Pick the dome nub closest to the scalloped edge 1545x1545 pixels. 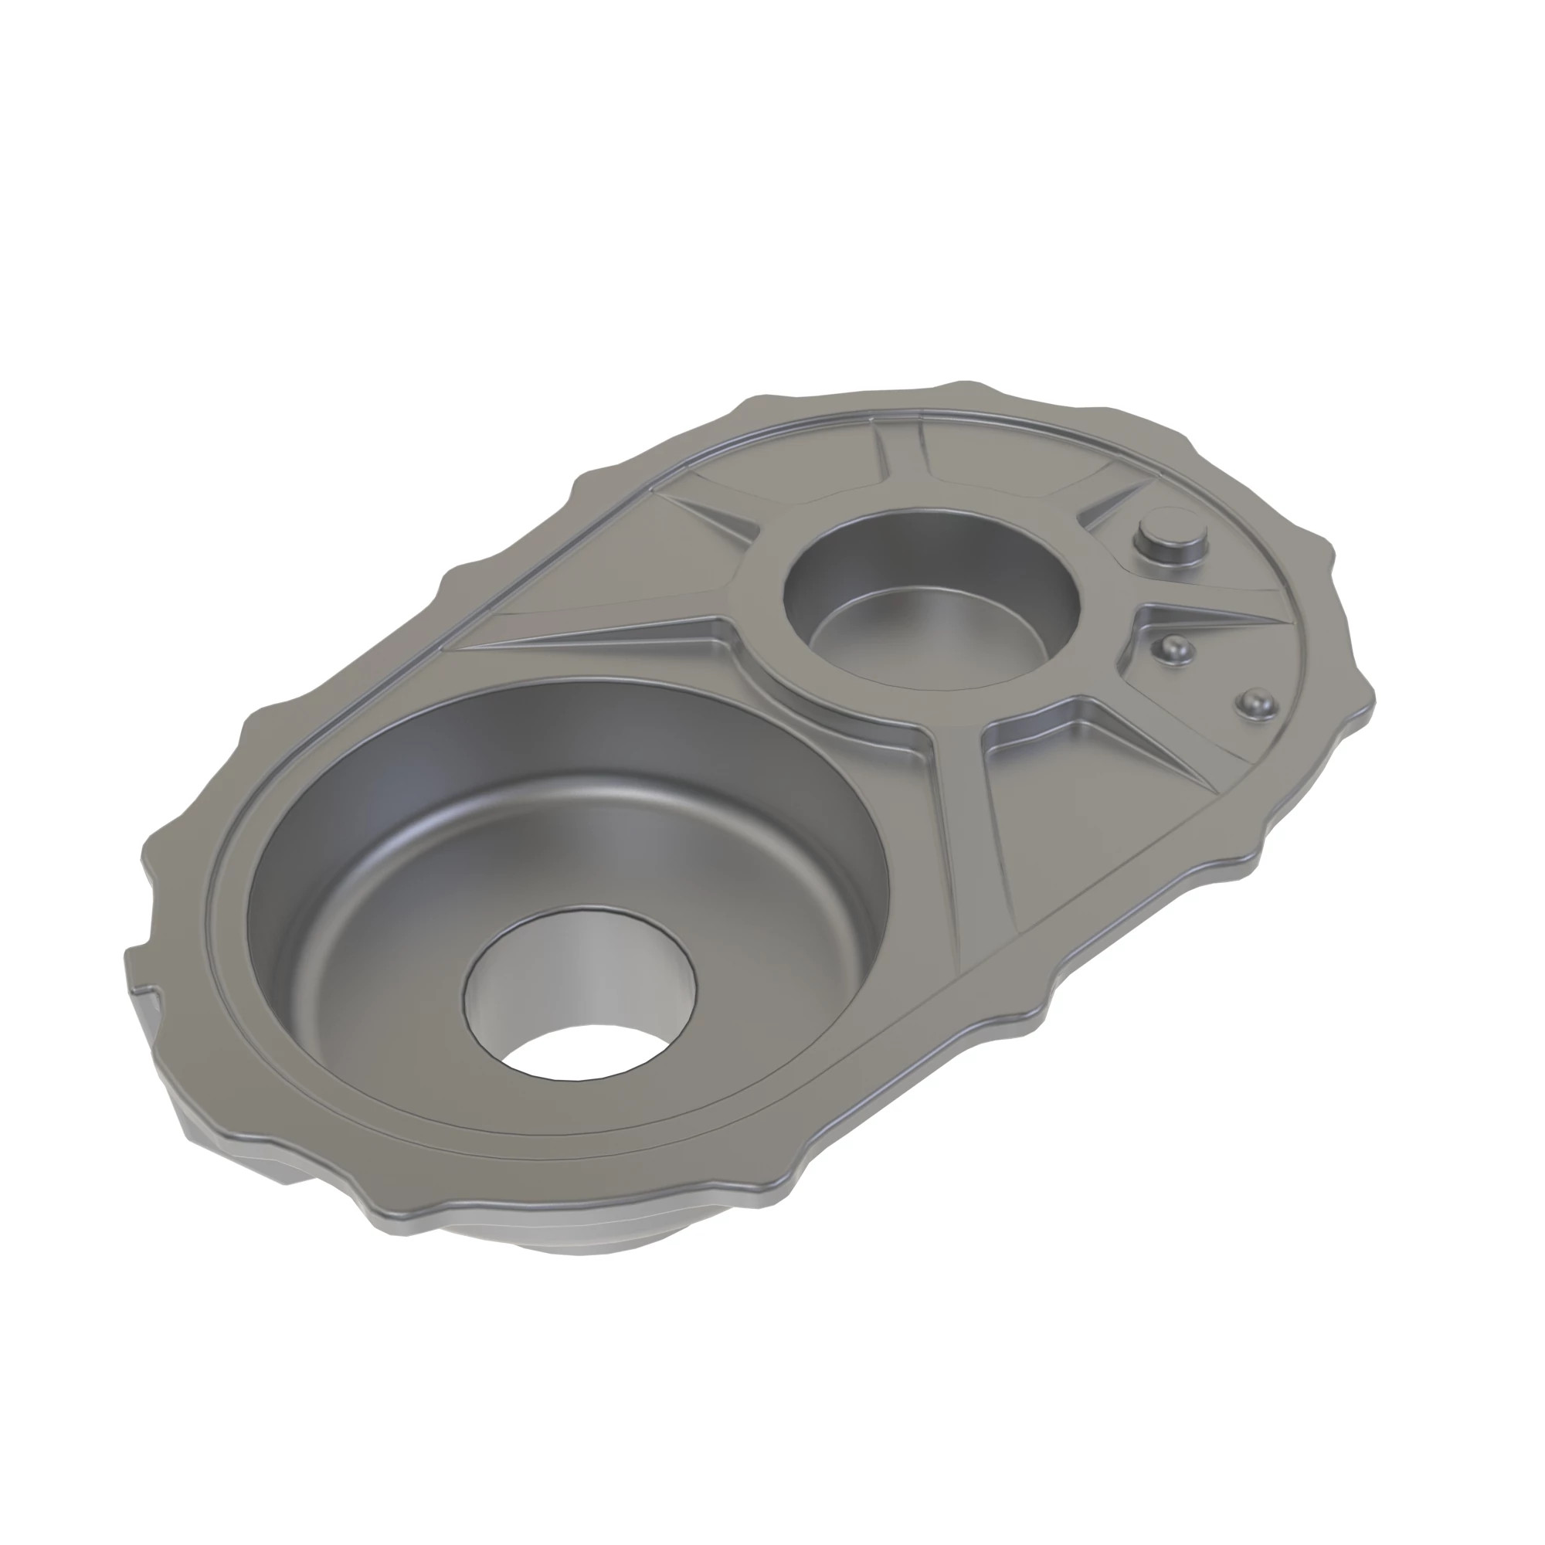click(x=1256, y=704)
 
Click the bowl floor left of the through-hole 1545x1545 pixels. click(x=384, y=959)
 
